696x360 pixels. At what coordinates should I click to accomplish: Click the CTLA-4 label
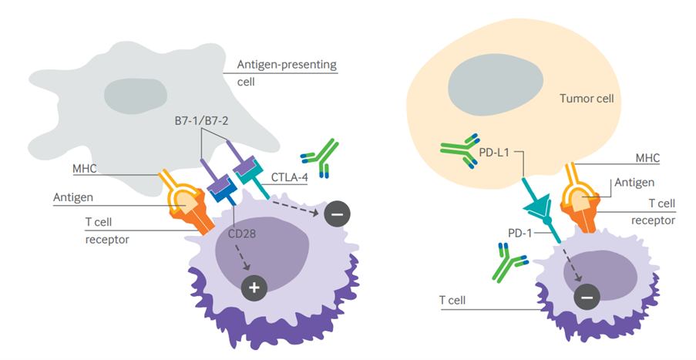coord(290,177)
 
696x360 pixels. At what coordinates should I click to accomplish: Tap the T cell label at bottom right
coord(455,299)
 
